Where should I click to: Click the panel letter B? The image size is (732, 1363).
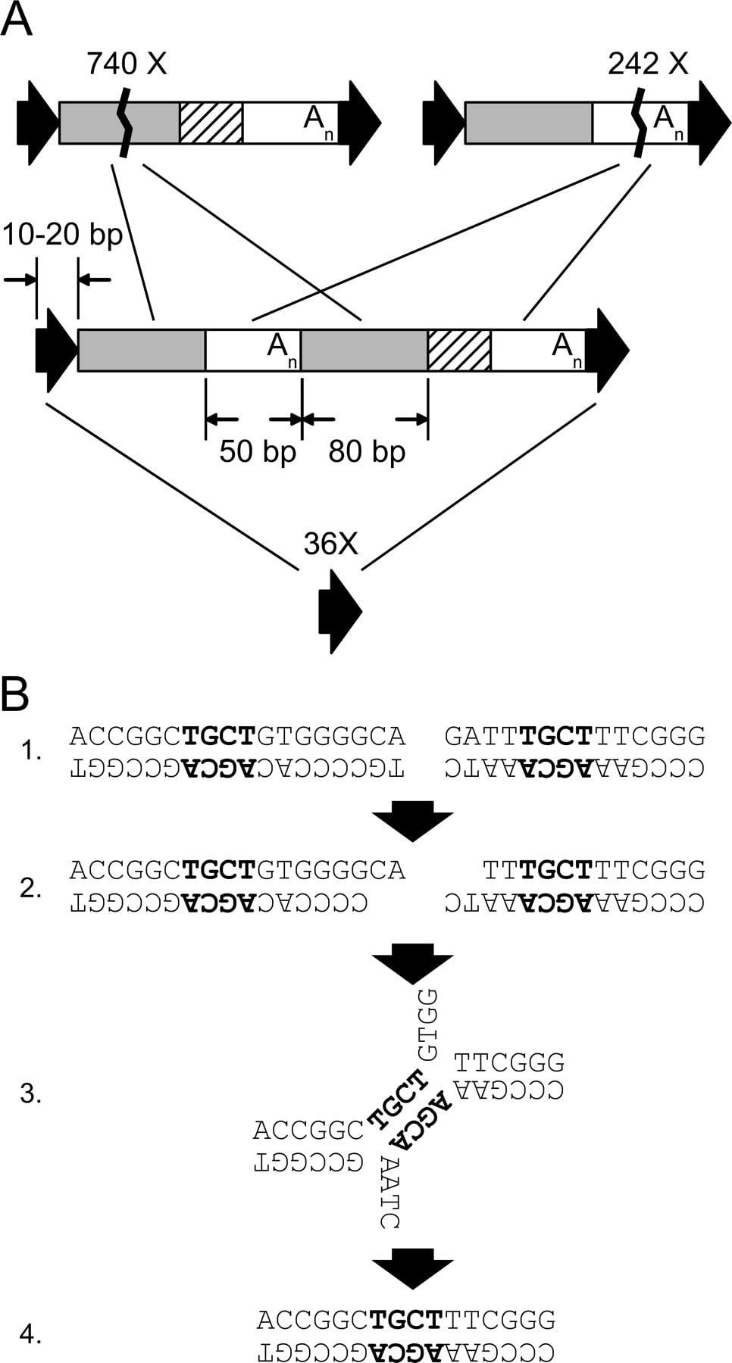tap(15, 693)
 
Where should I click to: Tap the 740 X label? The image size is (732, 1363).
tap(126, 64)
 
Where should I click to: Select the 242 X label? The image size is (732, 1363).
tap(648, 64)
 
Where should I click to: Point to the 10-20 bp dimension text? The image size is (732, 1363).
tap(62, 235)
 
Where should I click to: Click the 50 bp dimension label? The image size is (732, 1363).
tap(258, 451)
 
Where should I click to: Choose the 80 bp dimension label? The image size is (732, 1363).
tap(367, 451)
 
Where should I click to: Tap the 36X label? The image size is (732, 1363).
tap(330, 544)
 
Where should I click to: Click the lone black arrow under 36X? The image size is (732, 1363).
tap(340, 611)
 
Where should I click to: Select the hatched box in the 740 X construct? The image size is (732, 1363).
tap(211, 123)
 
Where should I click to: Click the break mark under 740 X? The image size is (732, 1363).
tap(124, 122)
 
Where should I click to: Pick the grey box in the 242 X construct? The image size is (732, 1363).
tap(529, 123)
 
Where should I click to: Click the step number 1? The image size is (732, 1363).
tap(31, 751)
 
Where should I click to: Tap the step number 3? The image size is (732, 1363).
tap(30, 1093)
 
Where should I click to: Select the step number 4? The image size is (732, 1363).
tap(30, 1334)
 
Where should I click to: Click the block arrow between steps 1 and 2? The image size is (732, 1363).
tap(413, 821)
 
